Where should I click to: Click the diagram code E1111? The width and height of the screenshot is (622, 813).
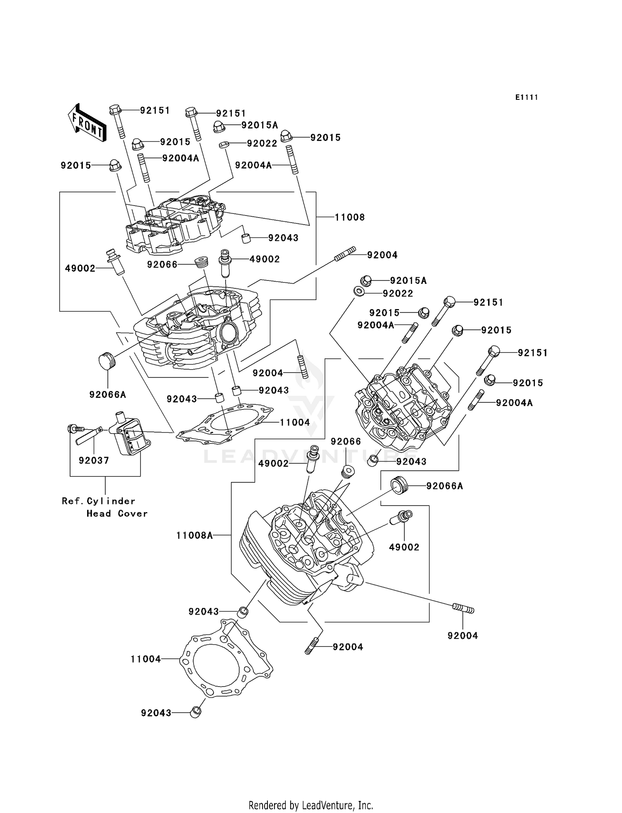(x=527, y=97)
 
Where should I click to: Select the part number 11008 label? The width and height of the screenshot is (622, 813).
(x=350, y=217)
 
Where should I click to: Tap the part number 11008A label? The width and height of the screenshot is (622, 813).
(x=194, y=535)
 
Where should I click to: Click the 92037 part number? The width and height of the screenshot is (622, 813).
(x=94, y=460)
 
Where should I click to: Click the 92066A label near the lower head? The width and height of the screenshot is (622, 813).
(x=445, y=486)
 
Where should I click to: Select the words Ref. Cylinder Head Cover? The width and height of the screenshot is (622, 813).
(x=105, y=507)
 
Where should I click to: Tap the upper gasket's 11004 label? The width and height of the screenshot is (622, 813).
(x=295, y=422)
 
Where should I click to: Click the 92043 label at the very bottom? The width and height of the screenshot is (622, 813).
(x=156, y=713)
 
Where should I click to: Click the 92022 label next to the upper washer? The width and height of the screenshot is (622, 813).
(x=262, y=143)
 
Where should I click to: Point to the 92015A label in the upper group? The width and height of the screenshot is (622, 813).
(x=260, y=125)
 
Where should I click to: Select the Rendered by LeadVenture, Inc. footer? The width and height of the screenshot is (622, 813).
(x=311, y=805)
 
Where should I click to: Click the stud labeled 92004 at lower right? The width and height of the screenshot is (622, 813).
(x=463, y=609)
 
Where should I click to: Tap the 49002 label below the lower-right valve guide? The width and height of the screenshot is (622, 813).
(x=404, y=547)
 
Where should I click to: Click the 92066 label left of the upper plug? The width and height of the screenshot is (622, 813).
(x=162, y=264)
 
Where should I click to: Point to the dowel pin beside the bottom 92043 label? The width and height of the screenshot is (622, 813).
(x=195, y=712)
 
